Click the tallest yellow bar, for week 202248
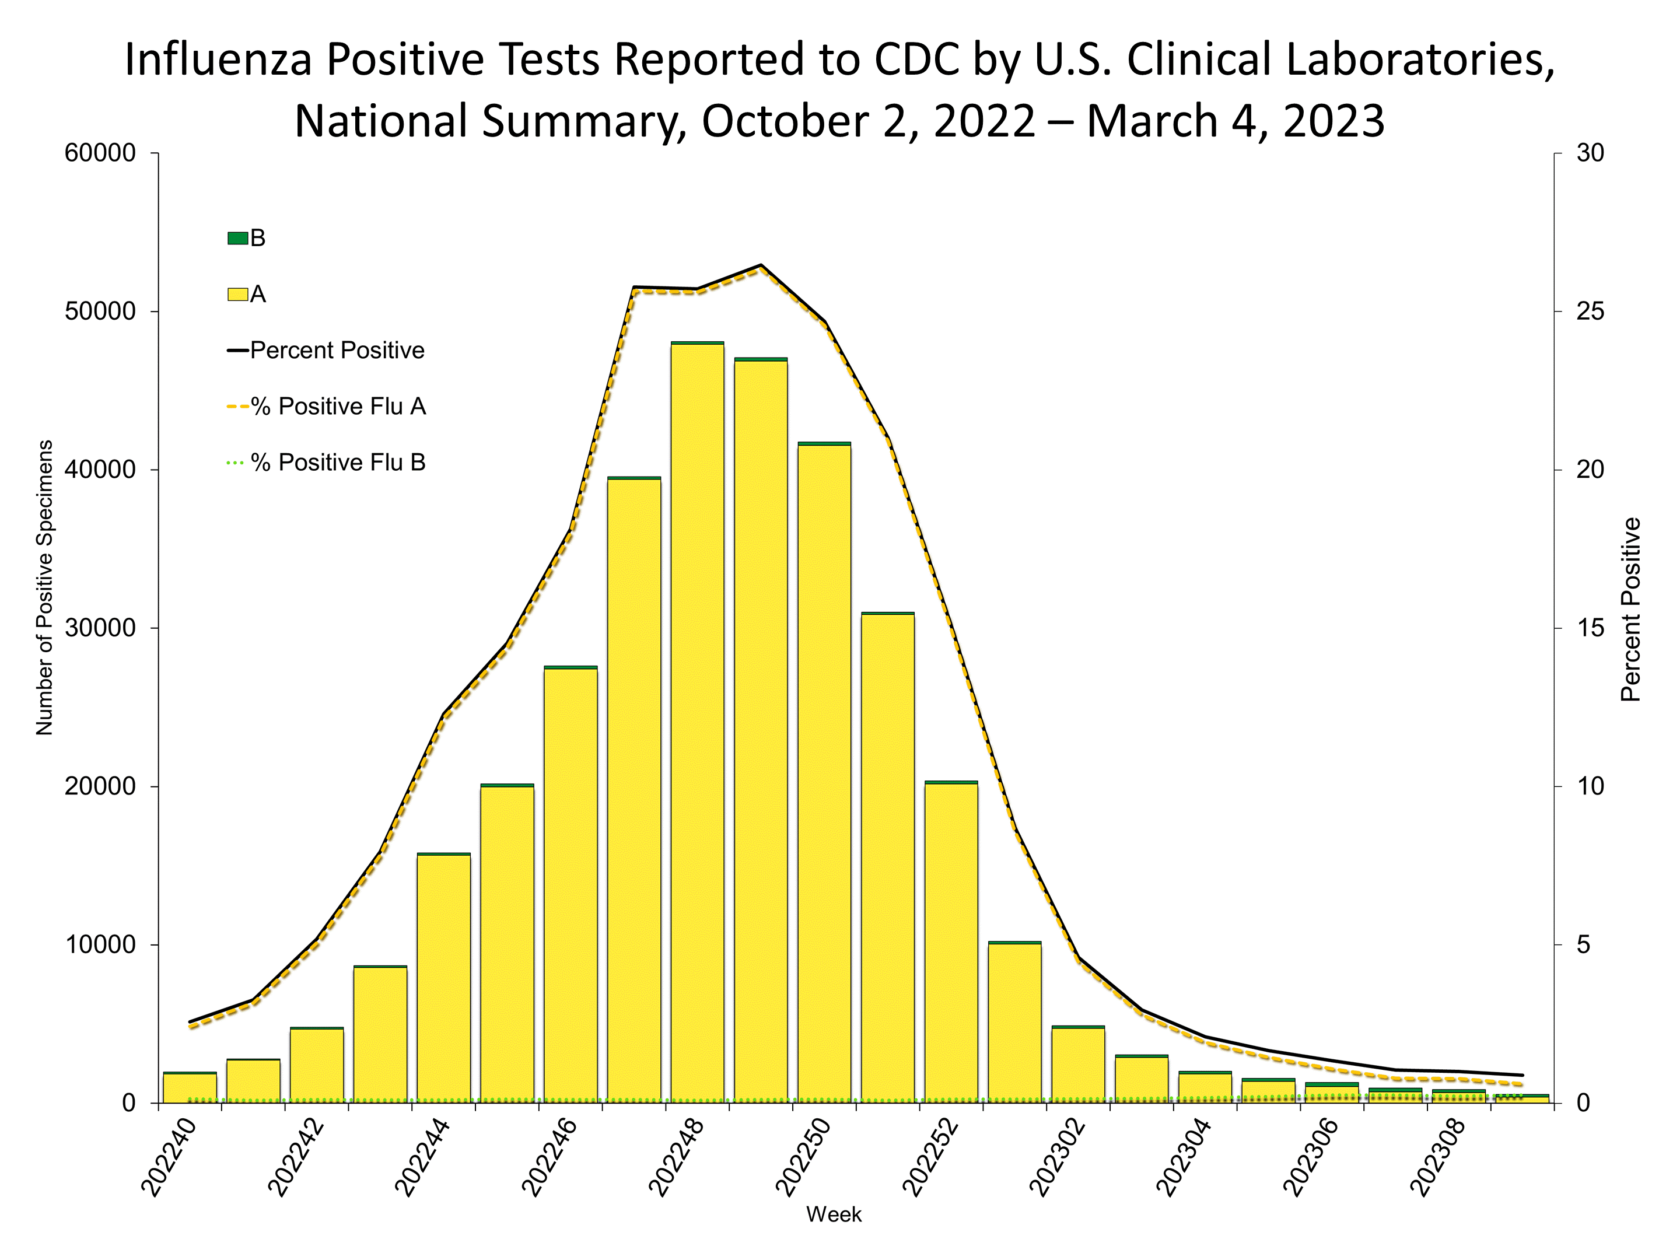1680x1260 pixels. click(x=696, y=722)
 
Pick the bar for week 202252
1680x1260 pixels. click(x=951, y=942)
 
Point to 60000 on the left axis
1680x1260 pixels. click(x=100, y=153)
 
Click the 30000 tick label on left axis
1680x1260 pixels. click(x=100, y=628)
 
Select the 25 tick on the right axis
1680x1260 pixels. click(x=1589, y=311)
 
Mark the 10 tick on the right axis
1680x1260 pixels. click(x=1589, y=786)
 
